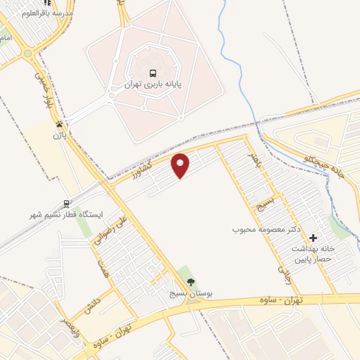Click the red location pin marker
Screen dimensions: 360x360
pyautogui.click(x=181, y=165)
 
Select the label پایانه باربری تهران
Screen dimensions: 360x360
pyautogui.click(x=153, y=84)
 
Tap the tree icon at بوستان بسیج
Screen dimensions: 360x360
pyautogui.click(x=191, y=282)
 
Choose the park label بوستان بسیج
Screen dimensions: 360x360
pyautogui.click(x=191, y=292)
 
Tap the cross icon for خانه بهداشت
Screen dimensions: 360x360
pyautogui.click(x=314, y=239)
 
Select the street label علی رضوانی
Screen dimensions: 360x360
pyautogui.click(x=108, y=229)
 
